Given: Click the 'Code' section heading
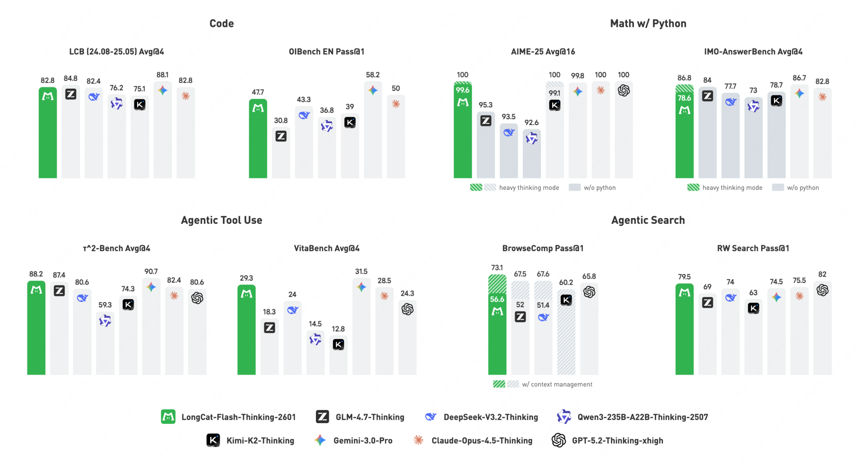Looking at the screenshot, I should pyautogui.click(x=221, y=23).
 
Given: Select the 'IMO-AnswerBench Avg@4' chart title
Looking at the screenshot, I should pyautogui.click(x=753, y=51).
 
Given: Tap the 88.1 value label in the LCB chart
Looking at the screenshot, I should pyautogui.click(x=162, y=75).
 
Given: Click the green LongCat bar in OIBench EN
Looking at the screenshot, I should pyautogui.click(x=258, y=144).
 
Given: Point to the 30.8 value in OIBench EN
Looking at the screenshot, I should pyautogui.click(x=281, y=120).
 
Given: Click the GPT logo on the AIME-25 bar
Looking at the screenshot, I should pyautogui.click(x=623, y=90).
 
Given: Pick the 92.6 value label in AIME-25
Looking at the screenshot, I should pyautogui.click(x=531, y=122).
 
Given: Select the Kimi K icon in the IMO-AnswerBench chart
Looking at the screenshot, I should pyautogui.click(x=776, y=101).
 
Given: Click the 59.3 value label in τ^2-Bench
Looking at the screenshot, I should pyautogui.click(x=105, y=305).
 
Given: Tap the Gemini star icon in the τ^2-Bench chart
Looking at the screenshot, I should pyautogui.click(x=151, y=287).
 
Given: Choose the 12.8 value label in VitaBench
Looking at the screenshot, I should pyautogui.click(x=338, y=329).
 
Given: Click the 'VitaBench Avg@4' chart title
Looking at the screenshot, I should pyautogui.click(x=326, y=248).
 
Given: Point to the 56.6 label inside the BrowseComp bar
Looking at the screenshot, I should pyautogui.click(x=497, y=299).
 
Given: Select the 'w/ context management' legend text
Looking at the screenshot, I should pyautogui.click(x=557, y=384).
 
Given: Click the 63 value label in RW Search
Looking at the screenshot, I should pyautogui.click(x=753, y=293).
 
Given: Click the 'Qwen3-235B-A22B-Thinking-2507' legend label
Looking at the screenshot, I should pyautogui.click(x=642, y=417).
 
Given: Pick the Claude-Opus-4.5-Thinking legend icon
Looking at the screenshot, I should pyautogui.click(x=418, y=440).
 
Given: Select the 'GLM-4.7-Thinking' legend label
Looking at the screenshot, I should pyautogui.click(x=370, y=417).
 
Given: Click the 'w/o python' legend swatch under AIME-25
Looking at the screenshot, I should pyautogui.click(x=574, y=187).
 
